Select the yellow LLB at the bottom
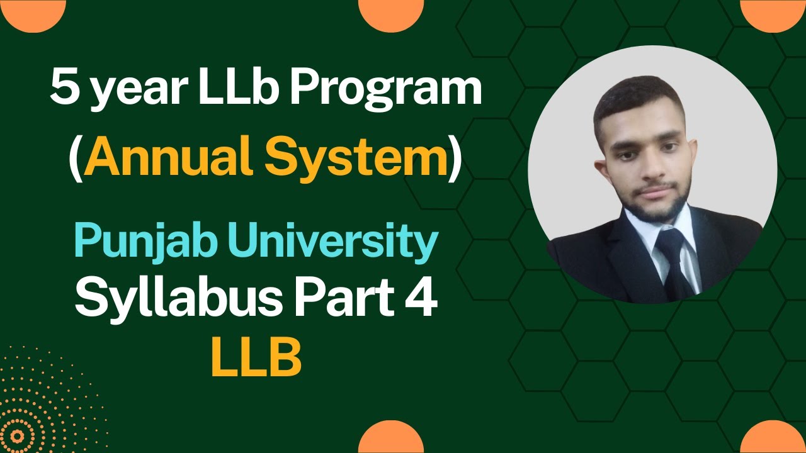coord(256,359)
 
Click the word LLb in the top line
coord(239,89)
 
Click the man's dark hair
coord(636,101)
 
